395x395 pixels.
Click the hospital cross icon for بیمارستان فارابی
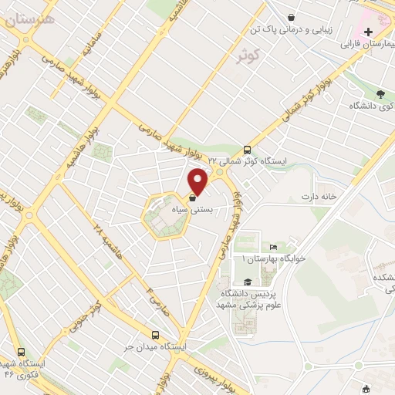click(x=369, y=32)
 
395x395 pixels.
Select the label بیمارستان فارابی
click(x=367, y=45)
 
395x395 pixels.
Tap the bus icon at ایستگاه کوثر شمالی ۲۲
click(x=247, y=150)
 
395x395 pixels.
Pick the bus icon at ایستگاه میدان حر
click(x=156, y=336)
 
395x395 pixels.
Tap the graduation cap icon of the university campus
click(x=247, y=282)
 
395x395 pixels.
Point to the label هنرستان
click(x=29, y=21)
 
